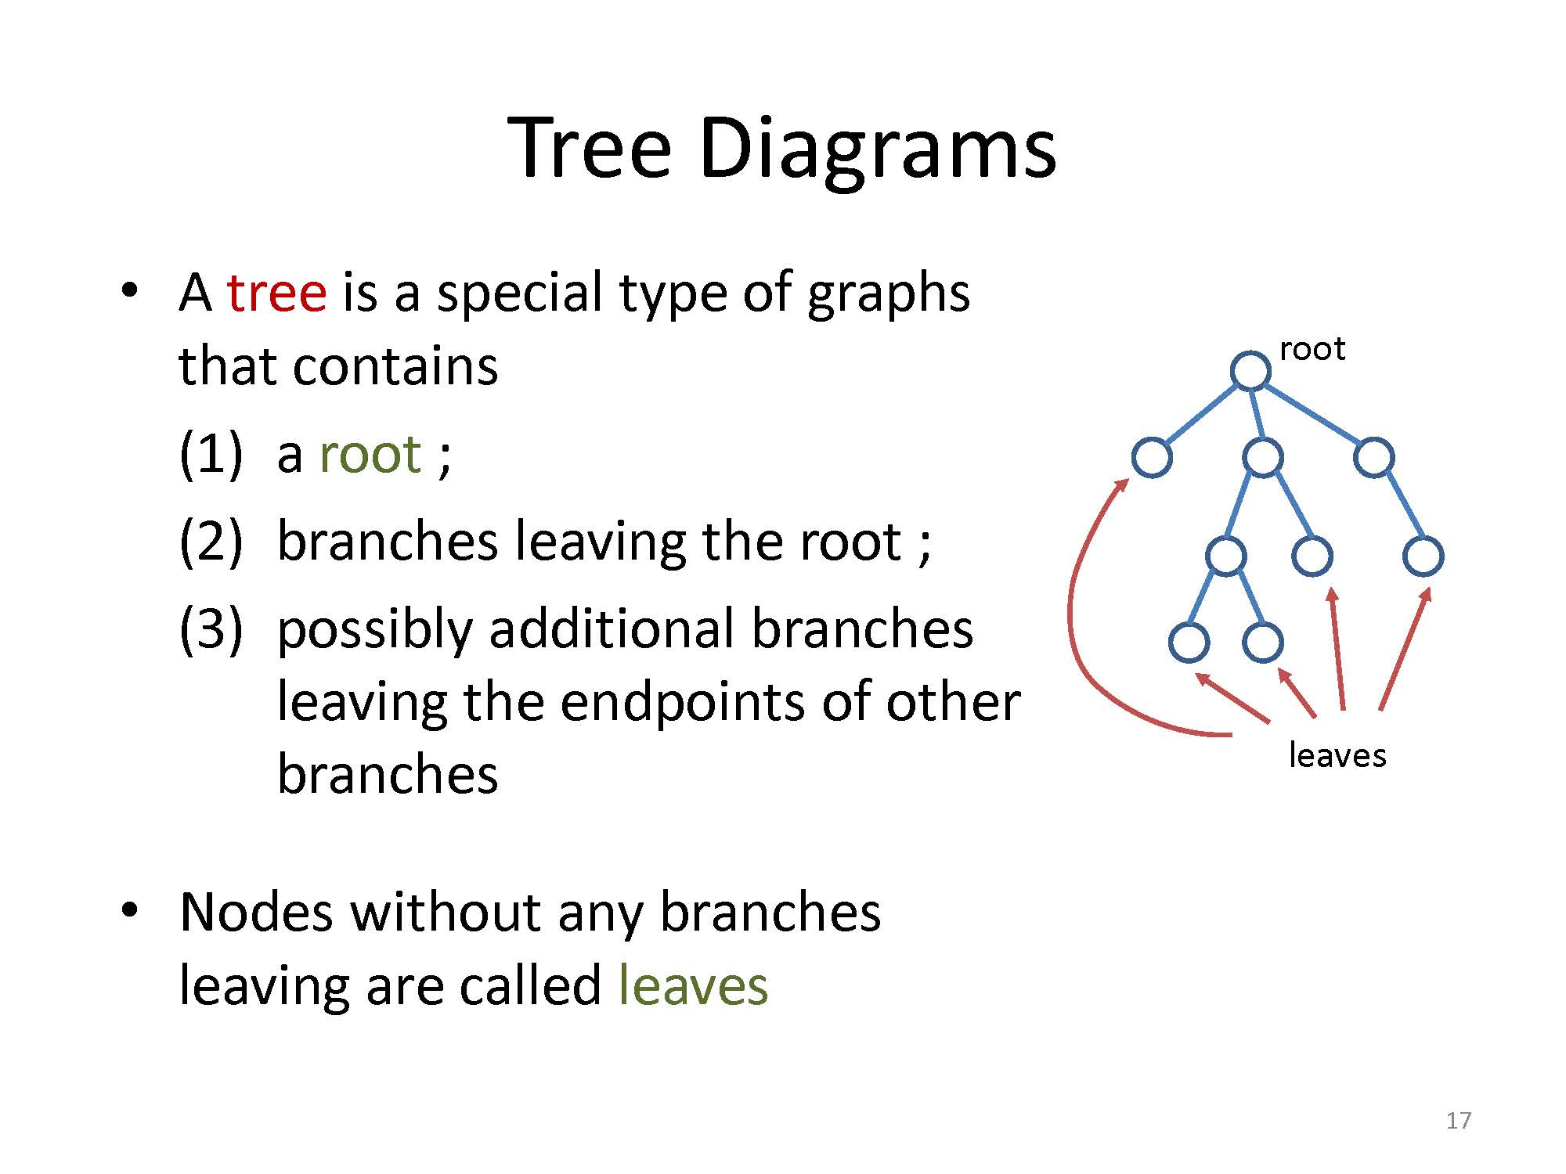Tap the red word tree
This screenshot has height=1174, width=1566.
276,293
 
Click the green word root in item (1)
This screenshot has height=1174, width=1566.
370,455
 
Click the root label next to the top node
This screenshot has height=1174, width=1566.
1312,349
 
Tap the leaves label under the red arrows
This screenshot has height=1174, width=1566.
1337,755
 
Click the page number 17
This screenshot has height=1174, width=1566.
1458,1121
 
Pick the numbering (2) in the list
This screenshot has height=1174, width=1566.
211,542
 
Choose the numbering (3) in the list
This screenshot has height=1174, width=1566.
211,629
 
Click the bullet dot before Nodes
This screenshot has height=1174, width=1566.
129,909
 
